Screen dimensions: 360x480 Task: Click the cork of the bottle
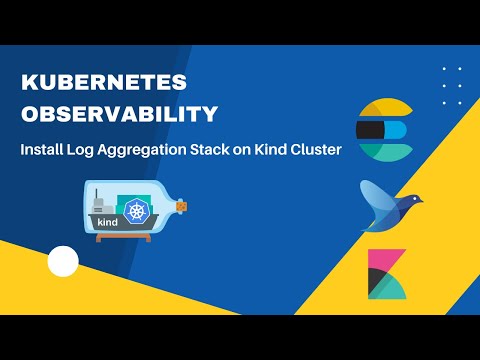(181, 207)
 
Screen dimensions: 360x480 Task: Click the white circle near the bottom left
(63, 262)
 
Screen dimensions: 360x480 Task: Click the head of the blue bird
(410, 198)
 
